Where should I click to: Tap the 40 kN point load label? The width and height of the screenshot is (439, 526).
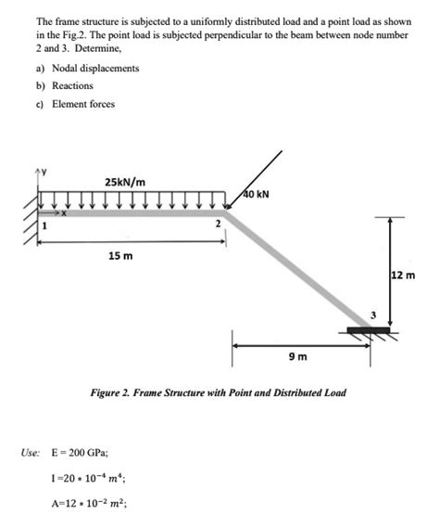tap(257, 195)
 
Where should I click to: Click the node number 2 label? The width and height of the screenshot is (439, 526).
tap(217, 225)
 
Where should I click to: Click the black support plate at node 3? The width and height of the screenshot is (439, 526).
tap(369, 329)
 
